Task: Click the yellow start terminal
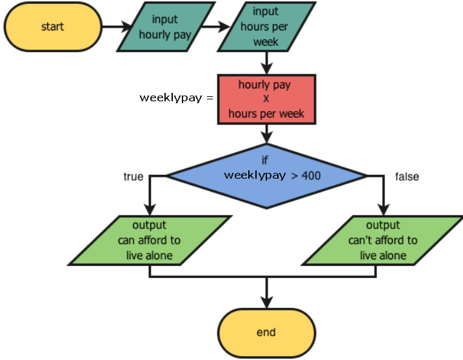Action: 53,27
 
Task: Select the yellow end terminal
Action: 266,333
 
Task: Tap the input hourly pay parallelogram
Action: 165,28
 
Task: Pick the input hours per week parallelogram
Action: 266,28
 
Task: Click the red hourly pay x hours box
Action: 266,99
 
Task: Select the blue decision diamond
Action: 266,175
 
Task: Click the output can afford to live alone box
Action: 150,240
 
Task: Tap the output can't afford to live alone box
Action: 383,240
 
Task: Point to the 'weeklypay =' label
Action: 175,98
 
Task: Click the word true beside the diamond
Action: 133,176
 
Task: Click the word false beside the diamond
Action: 406,176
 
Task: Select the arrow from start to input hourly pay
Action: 117,28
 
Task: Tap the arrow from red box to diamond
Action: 266,134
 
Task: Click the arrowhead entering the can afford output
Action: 150,210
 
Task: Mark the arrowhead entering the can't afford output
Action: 383,210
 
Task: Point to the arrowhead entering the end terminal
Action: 266,301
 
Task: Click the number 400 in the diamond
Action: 311,175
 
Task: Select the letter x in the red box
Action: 266,99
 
